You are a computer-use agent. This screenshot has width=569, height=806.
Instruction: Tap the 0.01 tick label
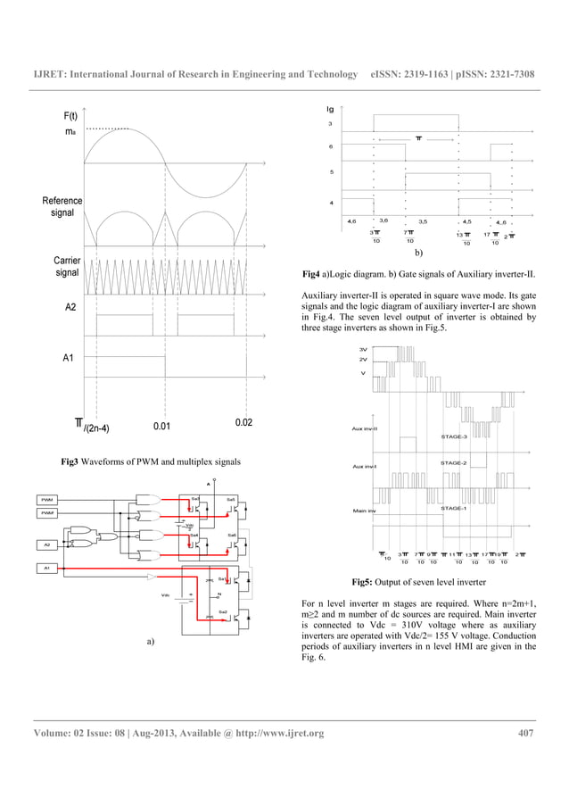[161, 426]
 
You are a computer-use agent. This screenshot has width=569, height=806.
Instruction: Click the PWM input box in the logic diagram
[48, 500]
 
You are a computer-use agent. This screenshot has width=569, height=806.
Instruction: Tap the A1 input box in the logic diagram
[48, 567]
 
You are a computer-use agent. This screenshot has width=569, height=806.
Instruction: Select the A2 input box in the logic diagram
[48, 543]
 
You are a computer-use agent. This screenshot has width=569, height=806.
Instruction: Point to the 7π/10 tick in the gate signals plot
[409, 236]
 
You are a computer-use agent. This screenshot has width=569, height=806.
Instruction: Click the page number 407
[526, 734]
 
